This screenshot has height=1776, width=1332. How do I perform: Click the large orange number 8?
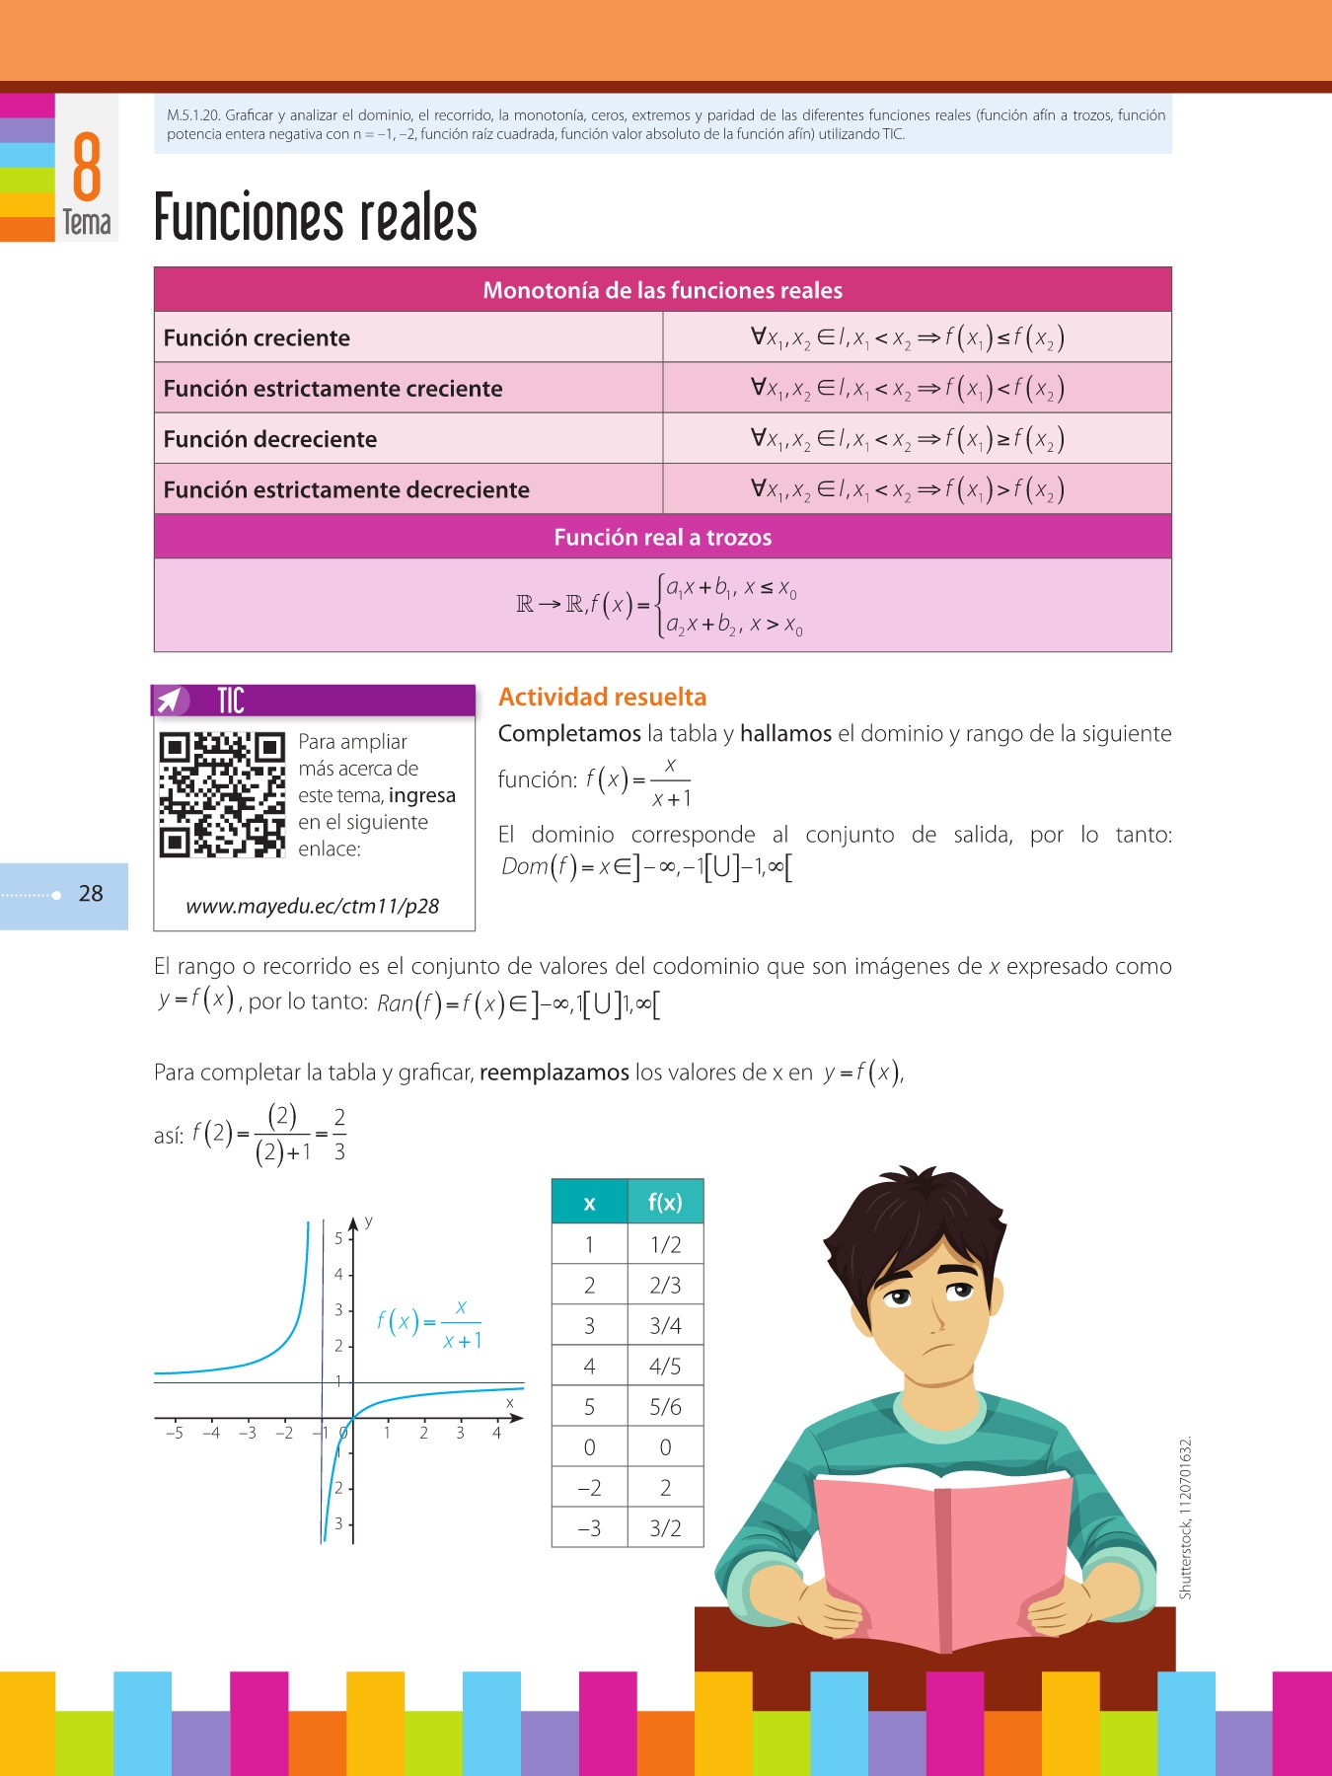(x=87, y=168)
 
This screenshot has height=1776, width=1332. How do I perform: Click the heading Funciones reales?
(x=316, y=218)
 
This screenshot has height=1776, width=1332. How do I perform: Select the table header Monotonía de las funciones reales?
(x=662, y=290)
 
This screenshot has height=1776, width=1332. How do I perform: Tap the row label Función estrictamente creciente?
(x=333, y=389)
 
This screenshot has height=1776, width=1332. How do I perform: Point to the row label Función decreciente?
(x=269, y=439)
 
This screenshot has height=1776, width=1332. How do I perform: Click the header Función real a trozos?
(x=662, y=537)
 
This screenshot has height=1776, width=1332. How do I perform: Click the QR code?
(x=222, y=794)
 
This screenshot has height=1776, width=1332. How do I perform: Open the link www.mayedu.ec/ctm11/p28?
(x=313, y=906)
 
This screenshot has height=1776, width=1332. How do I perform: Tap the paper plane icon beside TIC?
(x=171, y=701)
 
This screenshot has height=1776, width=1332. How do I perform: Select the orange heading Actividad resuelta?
(x=602, y=697)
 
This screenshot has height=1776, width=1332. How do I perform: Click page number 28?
(x=91, y=894)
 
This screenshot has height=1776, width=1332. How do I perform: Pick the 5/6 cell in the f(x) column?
(x=665, y=1407)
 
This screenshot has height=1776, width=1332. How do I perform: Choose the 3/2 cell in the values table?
(x=665, y=1528)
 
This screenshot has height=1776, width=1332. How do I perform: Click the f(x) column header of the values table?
(x=665, y=1202)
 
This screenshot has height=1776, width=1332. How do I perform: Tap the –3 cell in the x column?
(x=589, y=1528)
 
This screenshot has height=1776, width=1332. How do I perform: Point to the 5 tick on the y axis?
(x=338, y=1238)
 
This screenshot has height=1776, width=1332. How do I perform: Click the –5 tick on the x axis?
(x=175, y=1433)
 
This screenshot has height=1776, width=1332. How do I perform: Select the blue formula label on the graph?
(x=430, y=1324)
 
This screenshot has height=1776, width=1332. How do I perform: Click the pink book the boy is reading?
(x=942, y=1559)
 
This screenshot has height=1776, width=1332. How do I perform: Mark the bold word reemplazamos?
(x=554, y=1073)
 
